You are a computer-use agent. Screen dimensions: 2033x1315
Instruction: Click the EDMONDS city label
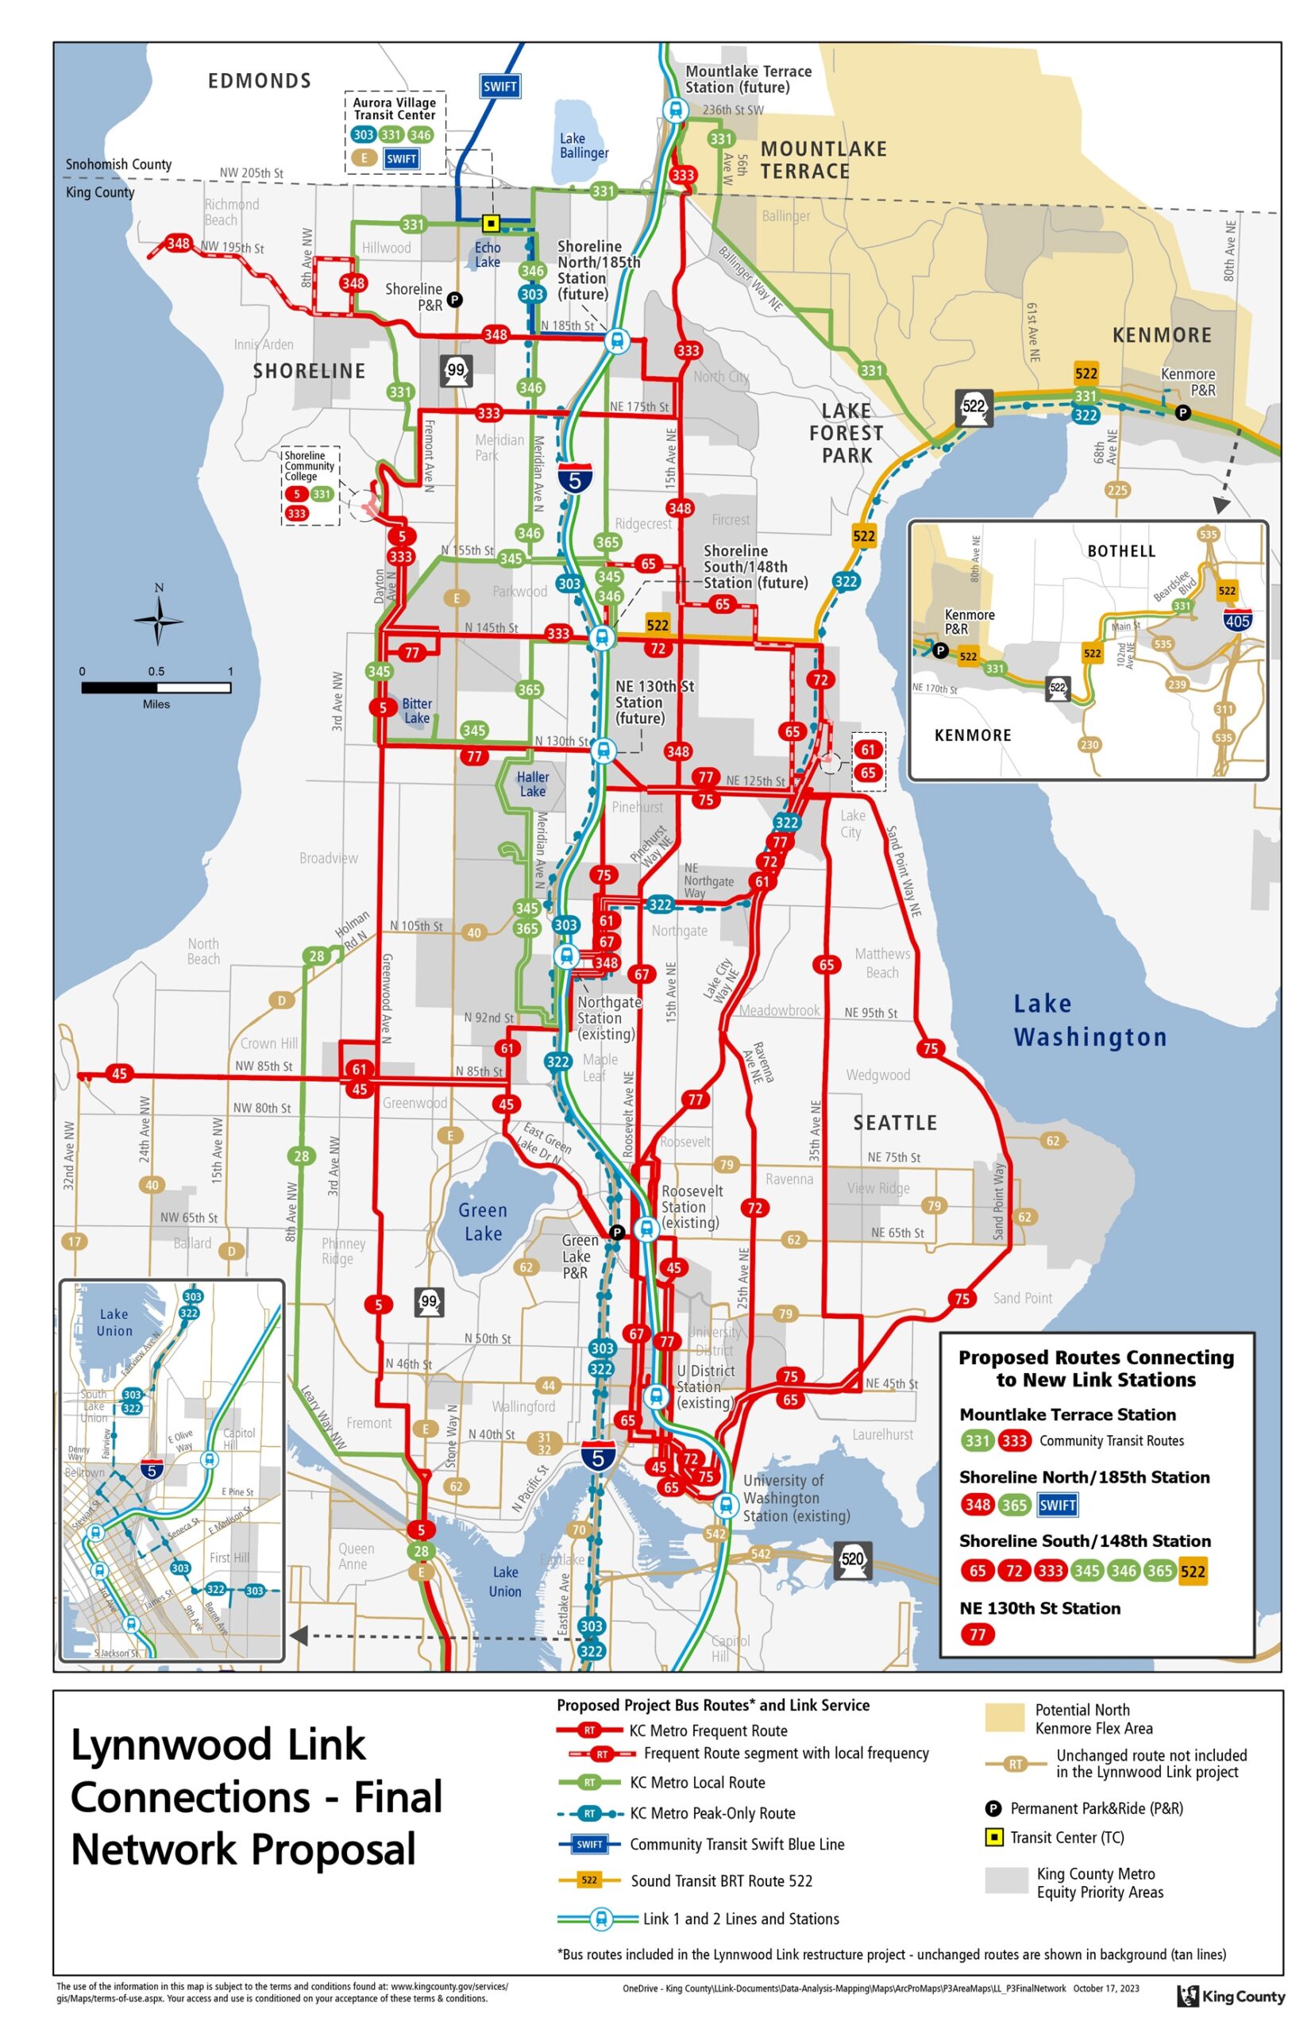click(x=260, y=81)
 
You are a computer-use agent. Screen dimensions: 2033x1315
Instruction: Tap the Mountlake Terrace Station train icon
click(x=676, y=110)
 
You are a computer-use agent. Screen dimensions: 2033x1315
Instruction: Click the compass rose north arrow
click(x=158, y=619)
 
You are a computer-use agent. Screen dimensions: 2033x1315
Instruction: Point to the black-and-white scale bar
click(x=156, y=688)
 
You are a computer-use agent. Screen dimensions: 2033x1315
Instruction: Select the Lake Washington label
click(x=1089, y=1020)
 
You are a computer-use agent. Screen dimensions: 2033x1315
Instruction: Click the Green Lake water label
click(x=484, y=1222)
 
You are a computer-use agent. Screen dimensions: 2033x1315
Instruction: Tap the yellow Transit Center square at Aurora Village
click(x=491, y=224)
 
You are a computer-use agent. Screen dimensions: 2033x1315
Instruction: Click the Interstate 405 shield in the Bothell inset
click(x=1237, y=621)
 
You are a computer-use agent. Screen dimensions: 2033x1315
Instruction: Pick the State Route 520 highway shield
click(x=852, y=1558)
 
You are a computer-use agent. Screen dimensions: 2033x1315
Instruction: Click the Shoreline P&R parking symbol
click(x=455, y=299)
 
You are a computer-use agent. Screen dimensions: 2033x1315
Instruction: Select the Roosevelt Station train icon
click(x=647, y=1229)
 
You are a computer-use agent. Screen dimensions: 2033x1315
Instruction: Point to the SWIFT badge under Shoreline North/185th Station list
click(x=1057, y=1504)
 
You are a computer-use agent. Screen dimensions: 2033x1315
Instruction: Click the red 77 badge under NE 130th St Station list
click(x=977, y=1634)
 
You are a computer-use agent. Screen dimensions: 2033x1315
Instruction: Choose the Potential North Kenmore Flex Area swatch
click(x=1005, y=1718)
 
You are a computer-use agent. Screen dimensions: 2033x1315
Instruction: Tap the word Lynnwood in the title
click(x=218, y=1747)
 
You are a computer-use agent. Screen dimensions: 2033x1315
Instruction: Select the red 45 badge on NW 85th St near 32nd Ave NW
click(x=118, y=1074)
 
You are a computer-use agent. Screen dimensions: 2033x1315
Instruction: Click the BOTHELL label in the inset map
click(x=1121, y=552)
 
